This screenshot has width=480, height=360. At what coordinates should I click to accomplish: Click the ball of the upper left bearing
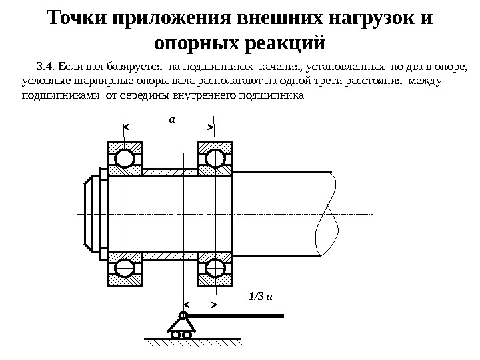124,159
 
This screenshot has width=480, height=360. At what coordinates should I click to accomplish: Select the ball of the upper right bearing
215,159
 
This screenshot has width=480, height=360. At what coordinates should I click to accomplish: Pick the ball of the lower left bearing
124,268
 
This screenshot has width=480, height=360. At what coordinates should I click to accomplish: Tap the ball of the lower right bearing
215,268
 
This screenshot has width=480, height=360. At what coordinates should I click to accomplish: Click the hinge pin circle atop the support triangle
182,315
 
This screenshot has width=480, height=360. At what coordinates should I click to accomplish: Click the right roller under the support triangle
187,335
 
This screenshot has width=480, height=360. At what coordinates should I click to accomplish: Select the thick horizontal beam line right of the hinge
237,315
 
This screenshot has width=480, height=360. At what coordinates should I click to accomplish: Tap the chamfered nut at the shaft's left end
92,213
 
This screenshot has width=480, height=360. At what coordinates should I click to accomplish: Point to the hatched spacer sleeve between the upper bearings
169,172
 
